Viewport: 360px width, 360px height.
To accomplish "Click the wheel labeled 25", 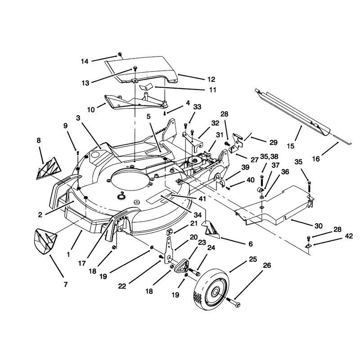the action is (212, 290).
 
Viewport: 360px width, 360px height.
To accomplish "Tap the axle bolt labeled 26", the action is (234, 302).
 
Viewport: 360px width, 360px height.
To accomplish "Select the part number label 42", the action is (349, 236).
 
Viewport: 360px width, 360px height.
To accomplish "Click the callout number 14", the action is (85, 61).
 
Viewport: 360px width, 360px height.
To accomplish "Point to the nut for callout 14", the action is (120, 54).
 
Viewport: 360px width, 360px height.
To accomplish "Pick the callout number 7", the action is (66, 284).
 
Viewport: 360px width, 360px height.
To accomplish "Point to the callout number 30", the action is (319, 226).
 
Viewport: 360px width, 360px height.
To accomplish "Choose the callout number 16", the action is (316, 159).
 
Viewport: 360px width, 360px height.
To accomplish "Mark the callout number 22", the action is (122, 286).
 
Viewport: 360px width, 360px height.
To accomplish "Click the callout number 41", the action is (202, 198).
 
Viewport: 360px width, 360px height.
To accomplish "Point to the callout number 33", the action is (197, 107).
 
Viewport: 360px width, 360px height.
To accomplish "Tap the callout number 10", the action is (91, 110).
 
